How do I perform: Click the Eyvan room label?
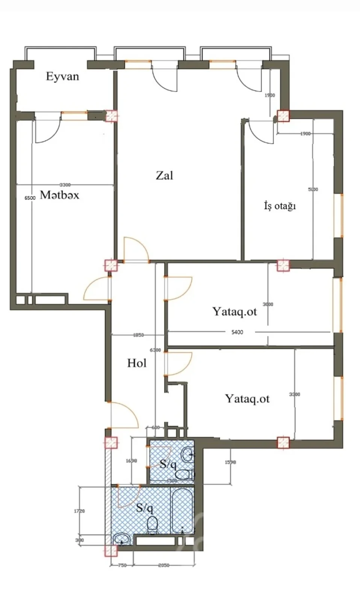[62, 77]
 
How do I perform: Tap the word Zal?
[165, 175]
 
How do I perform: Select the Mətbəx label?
[59, 195]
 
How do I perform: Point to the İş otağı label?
[280, 206]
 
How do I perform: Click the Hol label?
[137, 363]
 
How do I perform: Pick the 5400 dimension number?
[237, 332]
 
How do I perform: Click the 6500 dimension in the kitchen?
[30, 198]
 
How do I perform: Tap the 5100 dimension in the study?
[313, 189]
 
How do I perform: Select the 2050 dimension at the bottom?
[163, 565]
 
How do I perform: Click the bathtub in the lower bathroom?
[183, 510]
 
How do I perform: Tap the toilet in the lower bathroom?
[152, 525]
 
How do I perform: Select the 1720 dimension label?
[79, 511]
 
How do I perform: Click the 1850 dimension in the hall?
[138, 335]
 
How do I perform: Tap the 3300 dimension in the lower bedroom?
[295, 394]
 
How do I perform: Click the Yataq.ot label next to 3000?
[234, 311]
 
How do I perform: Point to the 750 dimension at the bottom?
[122, 565]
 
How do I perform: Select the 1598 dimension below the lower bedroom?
[230, 462]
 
